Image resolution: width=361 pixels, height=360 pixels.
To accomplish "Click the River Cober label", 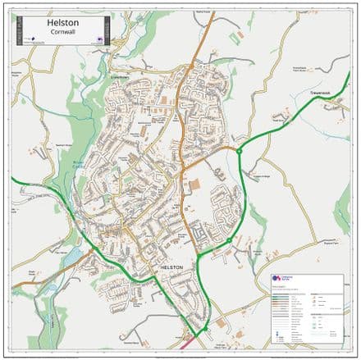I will pos(80,164).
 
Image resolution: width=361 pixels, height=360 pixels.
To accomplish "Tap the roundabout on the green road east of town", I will pos(240,151).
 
